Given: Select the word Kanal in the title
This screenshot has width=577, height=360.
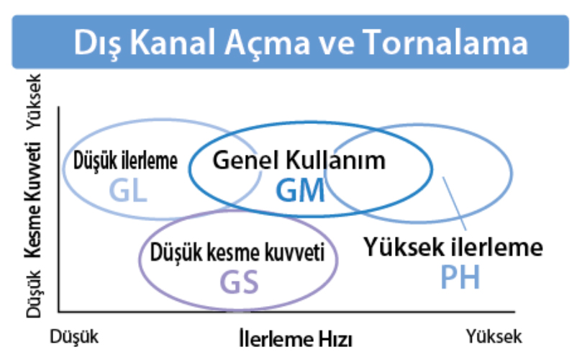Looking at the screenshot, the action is click(173, 42).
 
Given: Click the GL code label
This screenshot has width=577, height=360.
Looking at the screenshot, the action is click(129, 191).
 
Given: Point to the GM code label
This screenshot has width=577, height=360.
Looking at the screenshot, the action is click(300, 191).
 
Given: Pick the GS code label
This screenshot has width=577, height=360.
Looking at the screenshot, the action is click(239, 282).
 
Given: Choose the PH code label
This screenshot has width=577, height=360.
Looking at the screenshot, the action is click(460, 277).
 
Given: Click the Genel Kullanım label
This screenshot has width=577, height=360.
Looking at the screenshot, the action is click(299, 161).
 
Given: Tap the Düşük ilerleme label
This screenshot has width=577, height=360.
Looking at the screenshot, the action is click(125, 161).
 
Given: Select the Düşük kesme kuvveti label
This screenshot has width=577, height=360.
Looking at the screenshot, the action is click(237, 253).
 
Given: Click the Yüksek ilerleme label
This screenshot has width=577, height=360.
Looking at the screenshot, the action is click(453, 247).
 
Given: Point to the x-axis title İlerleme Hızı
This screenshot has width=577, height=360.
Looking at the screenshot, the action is click(296, 338).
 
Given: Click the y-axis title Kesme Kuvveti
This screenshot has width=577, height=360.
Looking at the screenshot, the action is click(33, 200).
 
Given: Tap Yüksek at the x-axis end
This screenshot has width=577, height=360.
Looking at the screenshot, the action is click(494, 336).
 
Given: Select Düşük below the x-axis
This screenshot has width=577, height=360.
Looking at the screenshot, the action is click(74, 337).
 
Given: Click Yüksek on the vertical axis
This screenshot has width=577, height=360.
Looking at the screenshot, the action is click(34, 102).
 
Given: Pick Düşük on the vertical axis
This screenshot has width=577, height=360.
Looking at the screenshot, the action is click(34, 294).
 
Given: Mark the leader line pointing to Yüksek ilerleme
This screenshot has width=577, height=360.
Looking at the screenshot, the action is click(455, 204).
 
